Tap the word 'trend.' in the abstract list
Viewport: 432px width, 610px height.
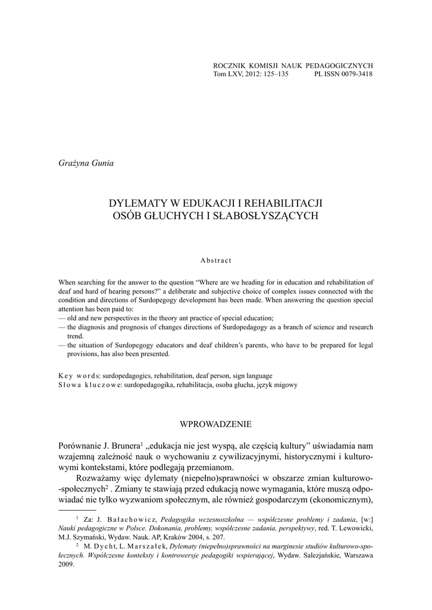pos(75,336)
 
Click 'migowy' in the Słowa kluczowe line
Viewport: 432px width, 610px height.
pos(286,385)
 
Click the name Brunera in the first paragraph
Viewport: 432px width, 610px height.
pos(123,446)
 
